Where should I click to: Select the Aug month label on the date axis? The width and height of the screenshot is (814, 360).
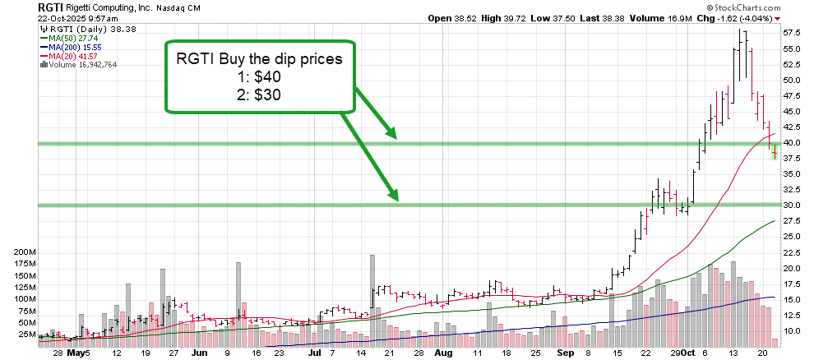443,353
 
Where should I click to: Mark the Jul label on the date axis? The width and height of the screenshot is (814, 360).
313,353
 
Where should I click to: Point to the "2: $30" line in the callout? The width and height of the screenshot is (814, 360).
260,95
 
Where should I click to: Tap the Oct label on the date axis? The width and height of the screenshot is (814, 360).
688,353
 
